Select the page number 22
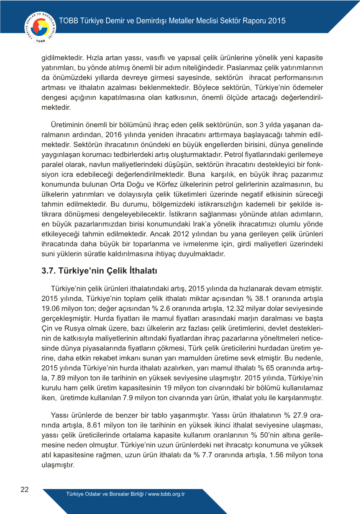(x=25, y=489)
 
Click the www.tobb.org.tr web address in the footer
(x=166, y=494)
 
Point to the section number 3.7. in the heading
(x=48, y=271)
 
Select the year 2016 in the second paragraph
(x=113, y=135)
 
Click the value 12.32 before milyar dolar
(x=235, y=308)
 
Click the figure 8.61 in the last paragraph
(x=94, y=425)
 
